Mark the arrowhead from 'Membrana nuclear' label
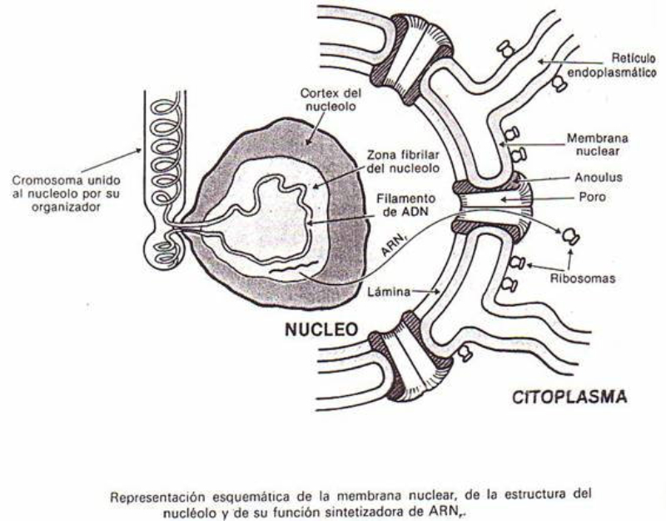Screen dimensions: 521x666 pos(500,144)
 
